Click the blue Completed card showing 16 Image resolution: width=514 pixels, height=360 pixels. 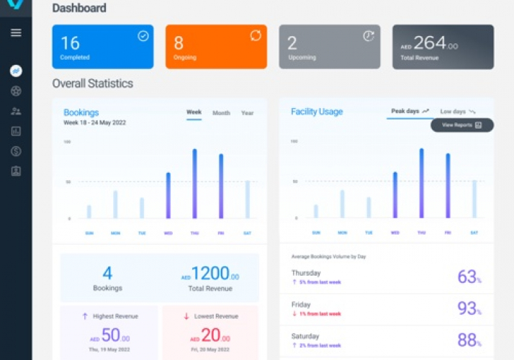(x=102, y=47)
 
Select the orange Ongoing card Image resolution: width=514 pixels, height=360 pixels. (x=216, y=47)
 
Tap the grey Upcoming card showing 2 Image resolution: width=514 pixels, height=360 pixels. (x=329, y=47)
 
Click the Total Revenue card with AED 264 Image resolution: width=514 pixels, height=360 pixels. (x=443, y=47)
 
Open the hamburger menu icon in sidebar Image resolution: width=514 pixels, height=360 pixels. (x=16, y=32)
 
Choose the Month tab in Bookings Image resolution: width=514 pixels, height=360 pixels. (x=221, y=113)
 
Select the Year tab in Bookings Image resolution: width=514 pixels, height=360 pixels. (x=247, y=113)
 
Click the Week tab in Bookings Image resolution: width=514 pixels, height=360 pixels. (x=194, y=113)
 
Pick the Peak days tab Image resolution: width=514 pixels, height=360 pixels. (x=410, y=112)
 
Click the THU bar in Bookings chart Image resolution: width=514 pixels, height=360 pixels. (x=194, y=184)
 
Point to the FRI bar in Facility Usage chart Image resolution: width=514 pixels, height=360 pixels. (x=447, y=186)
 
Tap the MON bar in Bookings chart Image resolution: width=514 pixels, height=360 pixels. (x=115, y=204)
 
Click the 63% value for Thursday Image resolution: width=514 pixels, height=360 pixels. (x=469, y=276)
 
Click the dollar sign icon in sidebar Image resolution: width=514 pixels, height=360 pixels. (x=16, y=151)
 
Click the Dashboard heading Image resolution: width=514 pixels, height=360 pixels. (x=79, y=9)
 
